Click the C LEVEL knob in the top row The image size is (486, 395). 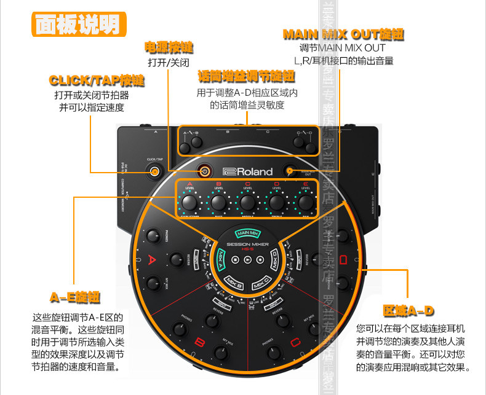click(247, 202)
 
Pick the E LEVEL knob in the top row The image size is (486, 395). click(306, 202)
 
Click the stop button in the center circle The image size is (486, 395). click(236, 260)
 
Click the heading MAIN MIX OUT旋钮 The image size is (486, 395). click(343, 34)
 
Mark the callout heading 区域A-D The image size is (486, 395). click(408, 310)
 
